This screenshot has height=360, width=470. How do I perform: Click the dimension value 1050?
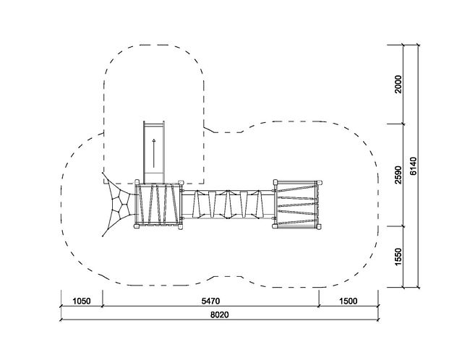[x=82, y=301]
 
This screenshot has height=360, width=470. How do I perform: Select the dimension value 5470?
[x=210, y=301]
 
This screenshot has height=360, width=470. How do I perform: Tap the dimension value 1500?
[x=349, y=301]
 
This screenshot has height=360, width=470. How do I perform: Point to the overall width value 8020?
[x=219, y=314]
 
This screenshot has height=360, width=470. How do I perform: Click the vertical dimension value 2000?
[x=398, y=85]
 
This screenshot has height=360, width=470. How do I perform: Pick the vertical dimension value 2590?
[x=398, y=175]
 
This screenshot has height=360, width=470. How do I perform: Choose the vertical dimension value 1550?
[x=398, y=257]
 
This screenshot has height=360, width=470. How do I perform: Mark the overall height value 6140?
[x=413, y=166]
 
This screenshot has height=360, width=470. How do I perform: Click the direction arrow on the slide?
[x=154, y=153]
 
